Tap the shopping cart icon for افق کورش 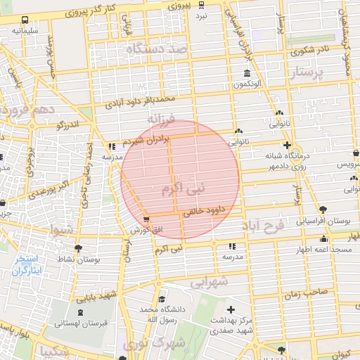click(146, 219)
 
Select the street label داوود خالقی click(203, 209)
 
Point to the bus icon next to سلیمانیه click(25, 20)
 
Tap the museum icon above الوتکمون click(246, 74)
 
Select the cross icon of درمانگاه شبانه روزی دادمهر click(286, 146)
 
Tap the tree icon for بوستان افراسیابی click(323, 210)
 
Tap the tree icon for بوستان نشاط click(77, 248)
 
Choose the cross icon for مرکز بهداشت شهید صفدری click(231, 309)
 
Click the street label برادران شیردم click(146, 140)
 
